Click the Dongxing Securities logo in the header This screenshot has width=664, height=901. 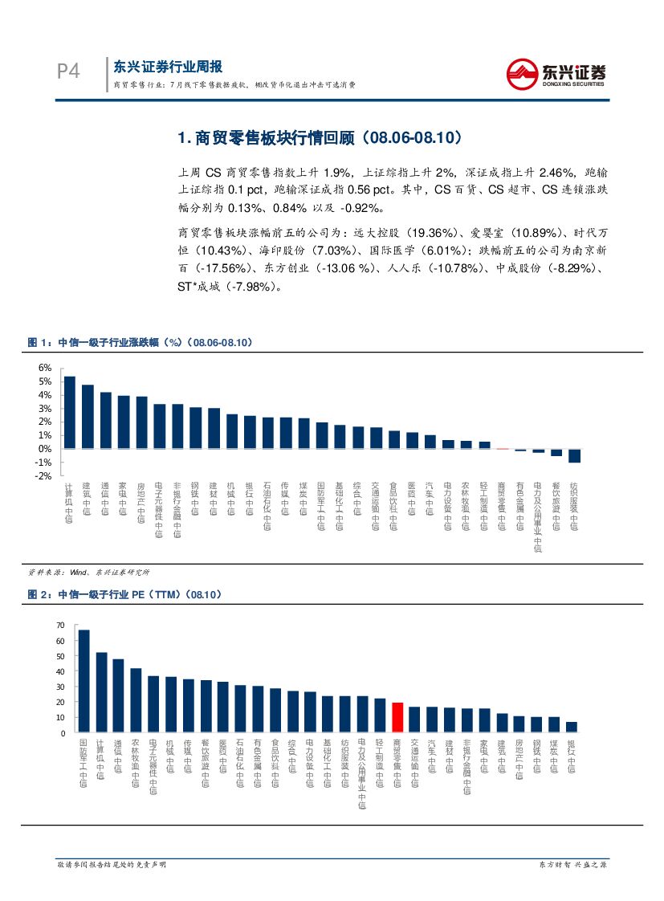(x=556, y=74)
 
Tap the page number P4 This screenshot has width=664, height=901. (x=68, y=71)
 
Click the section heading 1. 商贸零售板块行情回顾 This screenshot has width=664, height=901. (x=320, y=138)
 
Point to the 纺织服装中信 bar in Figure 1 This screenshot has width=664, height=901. (x=574, y=455)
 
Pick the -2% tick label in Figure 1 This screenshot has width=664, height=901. (x=45, y=476)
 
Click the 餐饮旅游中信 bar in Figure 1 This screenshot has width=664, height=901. (x=556, y=452)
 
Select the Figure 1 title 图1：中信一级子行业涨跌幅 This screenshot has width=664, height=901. (x=140, y=343)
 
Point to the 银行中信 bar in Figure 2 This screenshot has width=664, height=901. (x=571, y=727)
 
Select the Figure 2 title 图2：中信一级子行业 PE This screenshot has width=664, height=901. (x=124, y=595)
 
